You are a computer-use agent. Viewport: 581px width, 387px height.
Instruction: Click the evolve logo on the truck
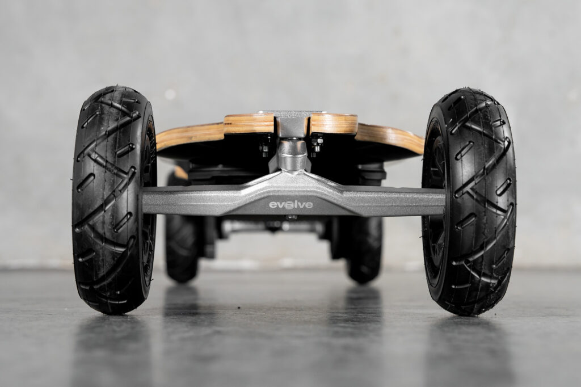[291, 205]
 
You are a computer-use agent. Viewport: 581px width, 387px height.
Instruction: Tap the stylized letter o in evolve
[285, 205]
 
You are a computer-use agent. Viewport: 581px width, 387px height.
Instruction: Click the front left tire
[114, 200]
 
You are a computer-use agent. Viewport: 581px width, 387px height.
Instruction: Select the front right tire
[469, 201]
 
